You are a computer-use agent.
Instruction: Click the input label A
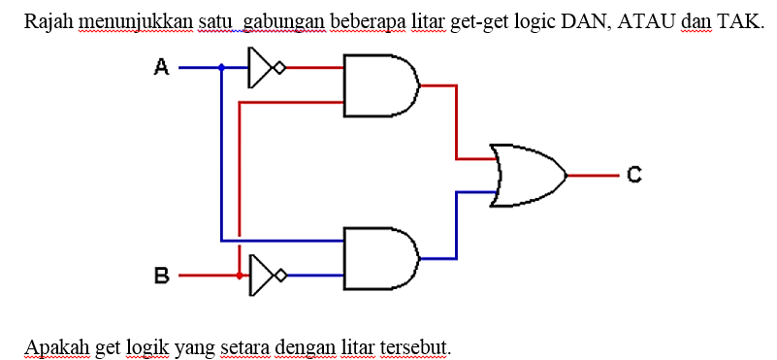[x=162, y=67]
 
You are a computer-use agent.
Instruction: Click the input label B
[x=162, y=277]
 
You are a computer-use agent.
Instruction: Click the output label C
[x=633, y=176]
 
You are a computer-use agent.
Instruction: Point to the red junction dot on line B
[x=239, y=276]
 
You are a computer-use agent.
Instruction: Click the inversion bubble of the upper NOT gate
[x=280, y=68]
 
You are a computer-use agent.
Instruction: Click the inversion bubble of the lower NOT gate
[x=280, y=276]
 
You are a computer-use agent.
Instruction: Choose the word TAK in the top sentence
[x=737, y=20]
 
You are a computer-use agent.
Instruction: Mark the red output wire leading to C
[x=593, y=176]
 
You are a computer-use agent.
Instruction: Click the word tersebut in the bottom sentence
[x=416, y=345]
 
